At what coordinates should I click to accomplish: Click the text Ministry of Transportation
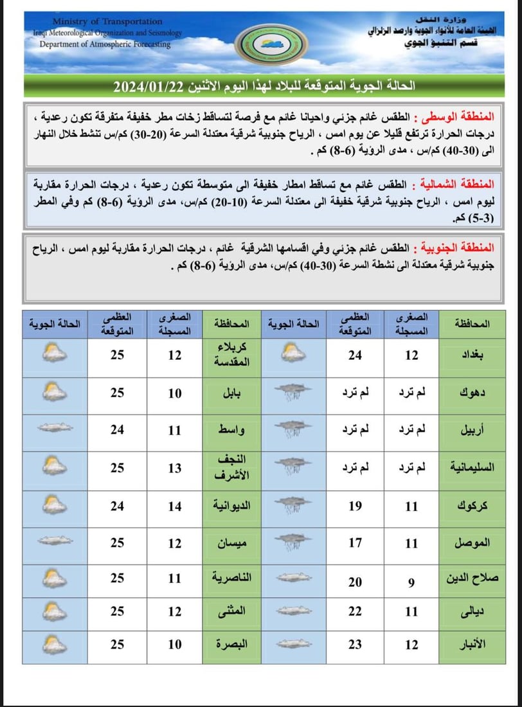click(x=107, y=22)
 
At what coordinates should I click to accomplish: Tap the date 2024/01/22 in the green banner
click(x=148, y=86)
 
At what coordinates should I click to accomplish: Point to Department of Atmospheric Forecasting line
click(x=105, y=44)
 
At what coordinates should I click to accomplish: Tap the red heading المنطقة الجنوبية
click(x=456, y=247)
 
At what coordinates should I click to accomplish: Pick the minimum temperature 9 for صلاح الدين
click(x=412, y=582)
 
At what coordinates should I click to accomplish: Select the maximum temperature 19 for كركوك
click(x=355, y=506)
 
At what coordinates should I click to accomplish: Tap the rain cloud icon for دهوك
click(x=292, y=393)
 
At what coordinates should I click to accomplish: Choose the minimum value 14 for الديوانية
click(x=175, y=506)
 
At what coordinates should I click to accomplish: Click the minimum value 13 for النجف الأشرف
click(x=175, y=469)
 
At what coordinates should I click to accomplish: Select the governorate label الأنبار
click(x=475, y=644)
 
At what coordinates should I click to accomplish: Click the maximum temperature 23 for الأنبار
click(x=355, y=644)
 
